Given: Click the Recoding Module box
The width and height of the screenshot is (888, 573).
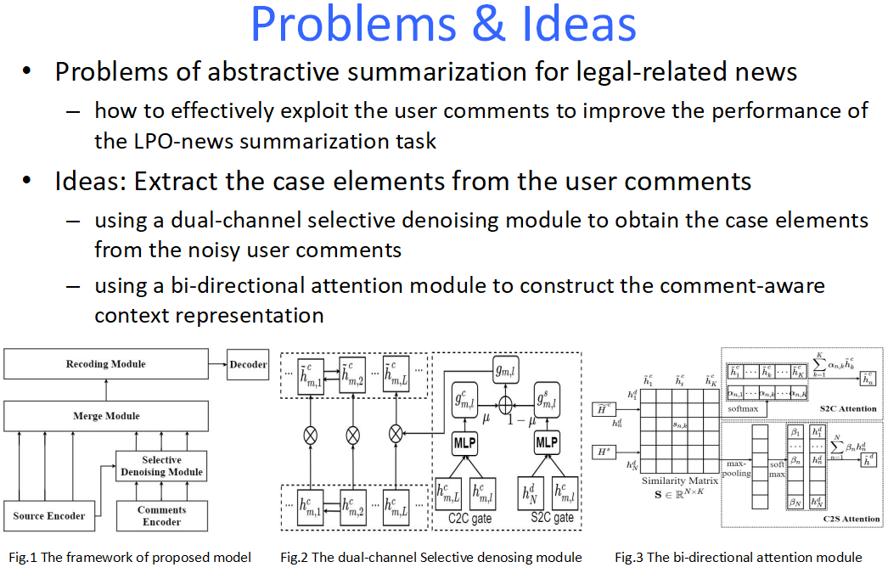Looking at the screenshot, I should [x=106, y=365].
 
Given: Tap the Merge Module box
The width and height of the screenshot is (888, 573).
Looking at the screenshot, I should [x=106, y=416].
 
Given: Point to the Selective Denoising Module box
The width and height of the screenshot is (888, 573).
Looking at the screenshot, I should [x=161, y=466].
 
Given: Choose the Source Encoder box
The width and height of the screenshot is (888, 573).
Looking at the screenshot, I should [x=49, y=515].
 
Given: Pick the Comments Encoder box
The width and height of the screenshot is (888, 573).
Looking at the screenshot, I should [x=161, y=515].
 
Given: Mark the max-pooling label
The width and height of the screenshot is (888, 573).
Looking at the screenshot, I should [x=735, y=469].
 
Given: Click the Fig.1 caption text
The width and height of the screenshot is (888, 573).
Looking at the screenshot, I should [x=130, y=558].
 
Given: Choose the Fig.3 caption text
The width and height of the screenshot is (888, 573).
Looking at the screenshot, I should [x=739, y=558].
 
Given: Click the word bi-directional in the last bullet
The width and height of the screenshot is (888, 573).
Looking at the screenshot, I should [x=221, y=286].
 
